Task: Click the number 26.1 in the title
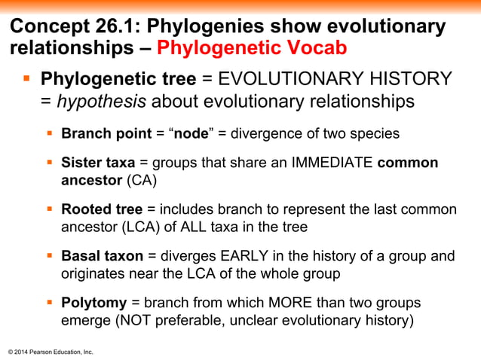[118, 26]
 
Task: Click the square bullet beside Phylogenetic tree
[26, 78]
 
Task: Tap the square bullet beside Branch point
[50, 134]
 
